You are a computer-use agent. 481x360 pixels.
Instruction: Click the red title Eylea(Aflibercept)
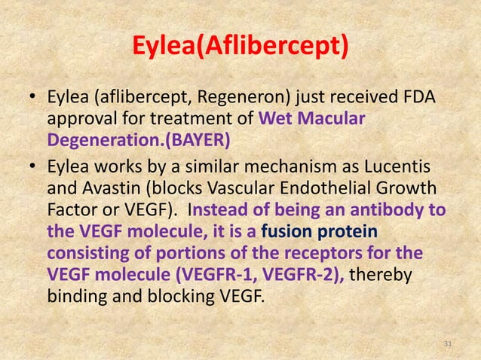240,47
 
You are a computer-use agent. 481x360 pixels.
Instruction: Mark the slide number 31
448,344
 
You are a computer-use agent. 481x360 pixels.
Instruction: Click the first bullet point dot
32,99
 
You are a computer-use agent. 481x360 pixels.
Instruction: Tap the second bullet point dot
32,168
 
